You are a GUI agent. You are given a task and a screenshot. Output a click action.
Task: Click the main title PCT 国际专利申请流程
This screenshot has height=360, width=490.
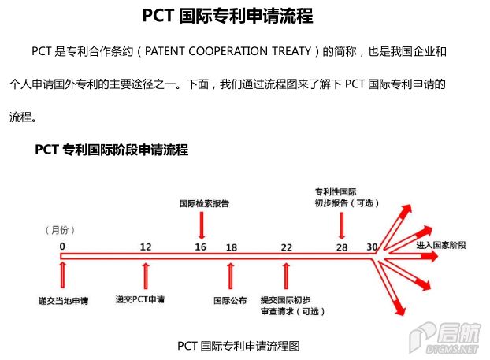[x=228, y=16]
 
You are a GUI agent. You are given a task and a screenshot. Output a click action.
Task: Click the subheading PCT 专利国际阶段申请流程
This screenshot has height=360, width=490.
[x=112, y=150]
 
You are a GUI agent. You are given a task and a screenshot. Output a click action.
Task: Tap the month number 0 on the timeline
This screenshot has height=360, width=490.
[x=62, y=247]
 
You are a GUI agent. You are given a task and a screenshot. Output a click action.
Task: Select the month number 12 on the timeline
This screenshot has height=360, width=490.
[x=146, y=247]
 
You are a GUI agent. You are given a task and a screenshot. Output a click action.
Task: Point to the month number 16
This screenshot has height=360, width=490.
[x=200, y=247]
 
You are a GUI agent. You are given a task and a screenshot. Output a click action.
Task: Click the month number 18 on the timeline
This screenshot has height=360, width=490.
[x=232, y=247]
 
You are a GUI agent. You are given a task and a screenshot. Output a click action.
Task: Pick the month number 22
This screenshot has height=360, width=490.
[x=286, y=247]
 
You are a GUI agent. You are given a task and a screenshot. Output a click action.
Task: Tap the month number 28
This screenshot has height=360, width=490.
[x=342, y=247]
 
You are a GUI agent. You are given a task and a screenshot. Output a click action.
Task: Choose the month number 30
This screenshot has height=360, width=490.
[x=372, y=247]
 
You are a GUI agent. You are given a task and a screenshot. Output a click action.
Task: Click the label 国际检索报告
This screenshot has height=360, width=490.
[x=204, y=204]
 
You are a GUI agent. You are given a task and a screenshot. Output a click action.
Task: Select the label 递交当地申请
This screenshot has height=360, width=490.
[x=64, y=301]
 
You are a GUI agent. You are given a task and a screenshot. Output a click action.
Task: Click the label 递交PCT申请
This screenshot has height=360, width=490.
[x=139, y=299]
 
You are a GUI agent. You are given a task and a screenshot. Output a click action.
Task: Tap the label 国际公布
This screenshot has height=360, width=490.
[x=230, y=301]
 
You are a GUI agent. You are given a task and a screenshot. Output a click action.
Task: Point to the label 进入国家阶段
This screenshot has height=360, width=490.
[x=441, y=245]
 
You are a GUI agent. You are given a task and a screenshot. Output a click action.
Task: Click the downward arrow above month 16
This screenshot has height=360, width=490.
[x=202, y=225]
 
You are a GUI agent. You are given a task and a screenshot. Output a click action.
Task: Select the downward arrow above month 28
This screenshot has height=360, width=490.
[x=342, y=225]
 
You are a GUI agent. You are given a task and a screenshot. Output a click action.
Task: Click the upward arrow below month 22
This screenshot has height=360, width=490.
[x=286, y=276]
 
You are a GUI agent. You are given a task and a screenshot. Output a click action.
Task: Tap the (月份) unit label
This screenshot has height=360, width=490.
[x=60, y=230]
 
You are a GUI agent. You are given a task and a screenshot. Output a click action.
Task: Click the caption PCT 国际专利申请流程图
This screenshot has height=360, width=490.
[x=239, y=346]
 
